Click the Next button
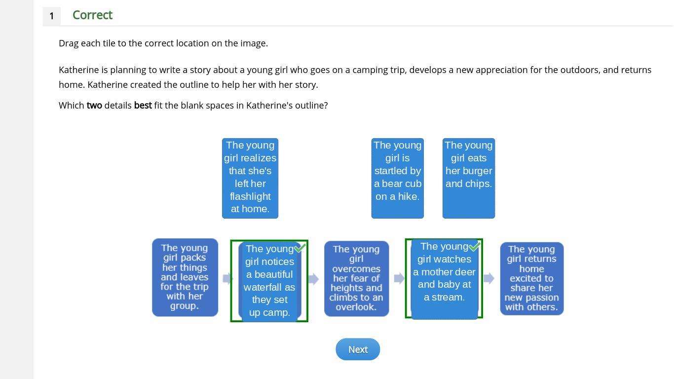[358, 349]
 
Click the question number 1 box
[52, 16]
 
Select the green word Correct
[92, 15]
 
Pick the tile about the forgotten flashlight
[250, 178]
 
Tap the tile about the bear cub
[397, 178]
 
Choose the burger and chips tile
[468, 178]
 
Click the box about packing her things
[185, 277]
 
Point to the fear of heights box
[356, 278]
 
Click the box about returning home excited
[531, 278]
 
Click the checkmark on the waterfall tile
[300, 248]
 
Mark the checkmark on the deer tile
[474, 246]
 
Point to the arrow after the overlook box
[399, 279]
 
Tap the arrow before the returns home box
[489, 279]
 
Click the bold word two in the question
[94, 106]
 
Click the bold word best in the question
[143, 106]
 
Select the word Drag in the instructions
[69, 43]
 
